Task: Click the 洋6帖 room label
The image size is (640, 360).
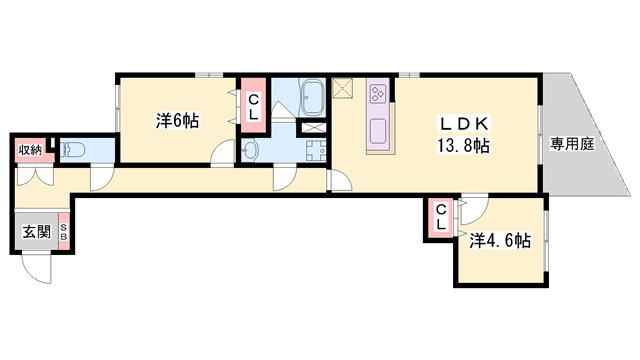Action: click(177, 121)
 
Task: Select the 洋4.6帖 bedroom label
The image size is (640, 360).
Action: click(501, 243)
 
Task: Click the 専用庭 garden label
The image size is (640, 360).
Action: click(572, 145)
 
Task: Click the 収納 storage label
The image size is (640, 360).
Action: click(30, 150)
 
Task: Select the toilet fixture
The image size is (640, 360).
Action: click(72, 150)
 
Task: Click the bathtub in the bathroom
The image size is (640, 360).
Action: click(310, 99)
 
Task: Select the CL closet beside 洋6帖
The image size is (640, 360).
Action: click(253, 105)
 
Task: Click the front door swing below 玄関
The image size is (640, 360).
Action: click(37, 266)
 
